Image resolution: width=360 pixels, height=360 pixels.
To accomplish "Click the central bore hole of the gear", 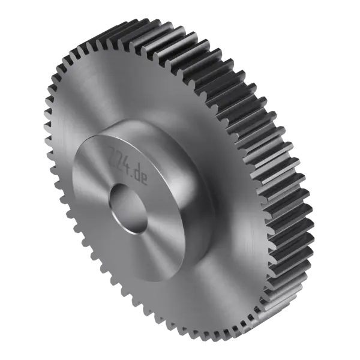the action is coord(128,208).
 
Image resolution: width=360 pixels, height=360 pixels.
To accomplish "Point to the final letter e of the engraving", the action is coord(145,178).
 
